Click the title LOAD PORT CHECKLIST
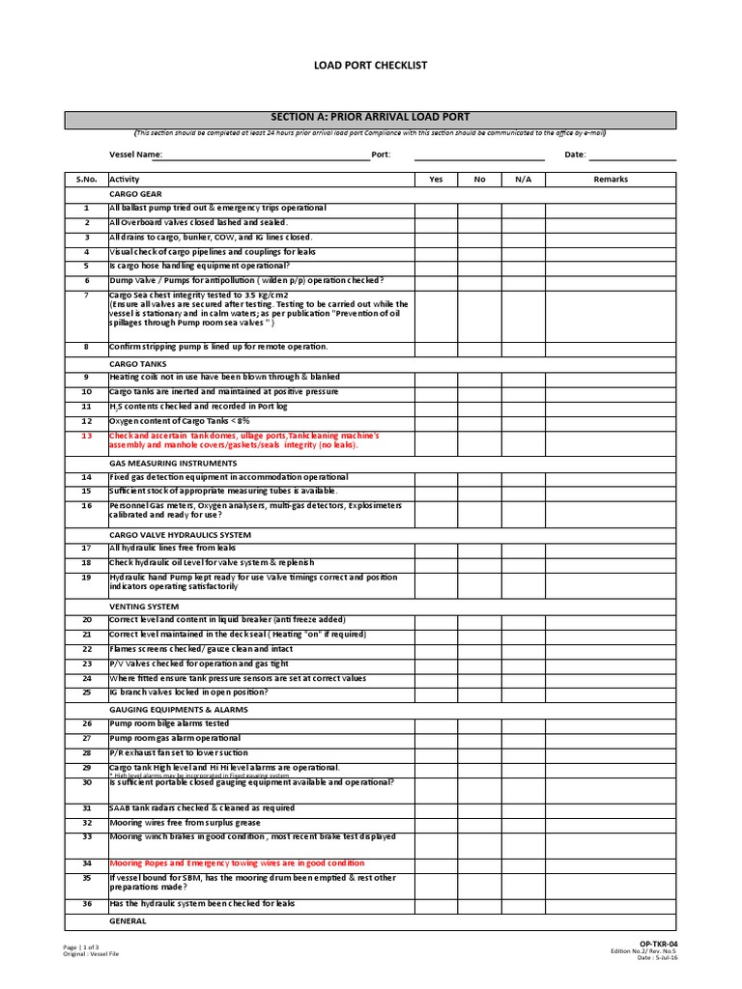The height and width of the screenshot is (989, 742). pos(370,65)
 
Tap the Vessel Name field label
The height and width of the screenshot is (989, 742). pos(135,155)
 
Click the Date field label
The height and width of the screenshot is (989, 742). pos(575,155)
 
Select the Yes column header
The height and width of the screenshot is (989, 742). pos(437,179)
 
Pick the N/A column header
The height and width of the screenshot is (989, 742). pos(523,179)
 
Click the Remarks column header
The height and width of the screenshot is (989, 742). pos(611,179)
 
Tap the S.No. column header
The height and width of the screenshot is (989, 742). pos(86,179)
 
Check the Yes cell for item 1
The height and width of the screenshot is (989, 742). pos(437,208)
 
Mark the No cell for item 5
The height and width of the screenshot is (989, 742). pos(480,266)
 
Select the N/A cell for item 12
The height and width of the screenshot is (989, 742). pos(523,421)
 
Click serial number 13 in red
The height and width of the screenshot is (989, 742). pos(86,436)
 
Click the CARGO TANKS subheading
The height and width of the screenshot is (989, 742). pos(139,363)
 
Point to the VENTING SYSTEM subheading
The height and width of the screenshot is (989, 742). pos(146,607)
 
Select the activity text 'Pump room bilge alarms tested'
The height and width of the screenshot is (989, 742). pos(169,722)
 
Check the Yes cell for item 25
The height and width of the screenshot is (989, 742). pos(437,692)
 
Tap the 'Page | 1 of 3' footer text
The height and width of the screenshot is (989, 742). pos(83,947)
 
